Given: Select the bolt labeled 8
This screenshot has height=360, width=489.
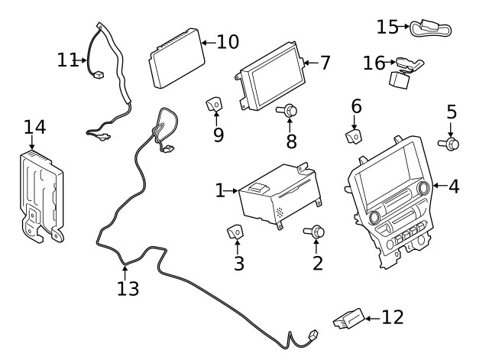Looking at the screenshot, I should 288,112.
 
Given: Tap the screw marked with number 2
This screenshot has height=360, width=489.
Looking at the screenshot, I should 316,232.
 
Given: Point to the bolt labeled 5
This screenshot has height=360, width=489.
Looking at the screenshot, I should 451,142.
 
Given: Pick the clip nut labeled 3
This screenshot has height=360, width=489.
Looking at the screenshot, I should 237,232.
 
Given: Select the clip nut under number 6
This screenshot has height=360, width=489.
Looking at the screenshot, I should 354,136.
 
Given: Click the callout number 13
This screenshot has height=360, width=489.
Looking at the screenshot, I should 128,289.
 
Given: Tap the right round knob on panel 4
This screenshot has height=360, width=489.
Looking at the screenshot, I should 423,186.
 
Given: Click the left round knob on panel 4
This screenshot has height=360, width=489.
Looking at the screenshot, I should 374,217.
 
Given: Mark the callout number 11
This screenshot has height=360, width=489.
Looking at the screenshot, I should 67,59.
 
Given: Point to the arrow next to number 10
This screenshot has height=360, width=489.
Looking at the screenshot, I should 206,42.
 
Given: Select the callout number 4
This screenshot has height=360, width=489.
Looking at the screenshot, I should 453,186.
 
